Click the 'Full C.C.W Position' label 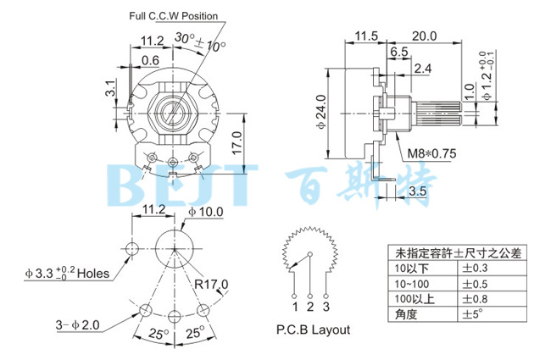173,16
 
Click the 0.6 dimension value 150,60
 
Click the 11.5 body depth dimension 365,36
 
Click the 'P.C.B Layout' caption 313,330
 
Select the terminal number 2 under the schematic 310,306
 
